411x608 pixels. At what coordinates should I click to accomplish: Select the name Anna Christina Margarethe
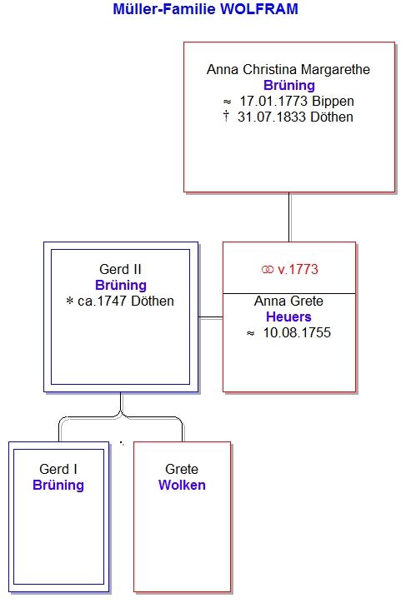pos(288,70)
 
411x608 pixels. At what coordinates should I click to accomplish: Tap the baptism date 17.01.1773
pos(274,102)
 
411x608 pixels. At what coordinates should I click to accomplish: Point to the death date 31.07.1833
pos(273,117)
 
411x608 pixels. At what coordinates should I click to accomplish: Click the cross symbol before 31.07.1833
pos(226,116)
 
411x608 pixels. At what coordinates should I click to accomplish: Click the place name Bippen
pos(333,102)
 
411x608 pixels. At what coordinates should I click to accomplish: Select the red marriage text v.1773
pos(298,270)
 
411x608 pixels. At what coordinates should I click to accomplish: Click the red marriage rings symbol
pos(268,270)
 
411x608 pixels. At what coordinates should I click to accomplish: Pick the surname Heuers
pos(288,316)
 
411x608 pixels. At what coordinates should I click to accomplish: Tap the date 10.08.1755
pos(297,332)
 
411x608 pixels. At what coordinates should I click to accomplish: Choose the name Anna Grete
pos(288,301)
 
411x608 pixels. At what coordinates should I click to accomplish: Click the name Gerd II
pos(120,269)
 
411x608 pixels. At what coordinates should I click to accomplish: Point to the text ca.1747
pos(103,301)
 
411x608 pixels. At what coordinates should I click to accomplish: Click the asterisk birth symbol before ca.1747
pos(70,301)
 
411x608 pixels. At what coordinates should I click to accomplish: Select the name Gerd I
pos(58,469)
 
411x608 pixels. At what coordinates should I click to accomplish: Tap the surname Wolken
pos(182,485)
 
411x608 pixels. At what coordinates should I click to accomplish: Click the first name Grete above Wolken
pos(182,469)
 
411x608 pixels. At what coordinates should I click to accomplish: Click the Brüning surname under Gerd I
pos(58,485)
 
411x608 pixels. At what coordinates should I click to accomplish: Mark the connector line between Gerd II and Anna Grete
pos(211,317)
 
